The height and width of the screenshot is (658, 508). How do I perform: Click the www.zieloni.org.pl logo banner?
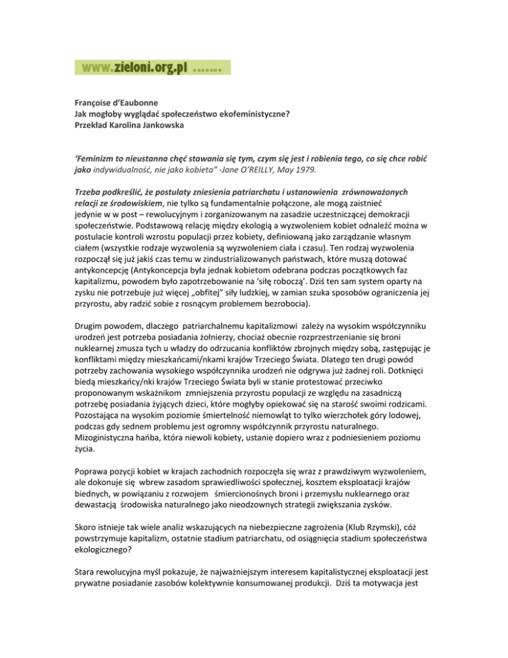[153, 68]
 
